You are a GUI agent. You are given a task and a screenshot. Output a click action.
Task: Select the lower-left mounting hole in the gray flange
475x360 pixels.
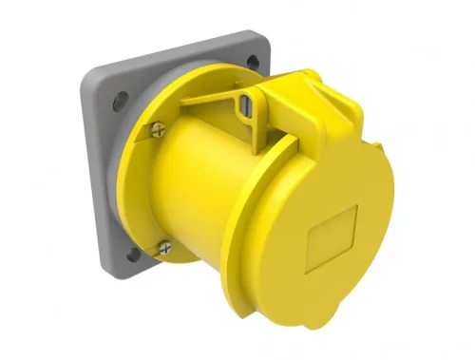[x=133, y=253]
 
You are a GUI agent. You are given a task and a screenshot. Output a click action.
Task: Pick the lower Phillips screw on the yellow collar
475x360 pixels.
[x=162, y=248]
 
